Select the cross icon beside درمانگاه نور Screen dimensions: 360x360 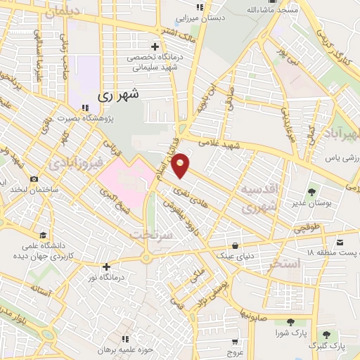106,266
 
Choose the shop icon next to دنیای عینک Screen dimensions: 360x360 236,246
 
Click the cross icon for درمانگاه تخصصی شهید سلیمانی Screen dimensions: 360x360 155,46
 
